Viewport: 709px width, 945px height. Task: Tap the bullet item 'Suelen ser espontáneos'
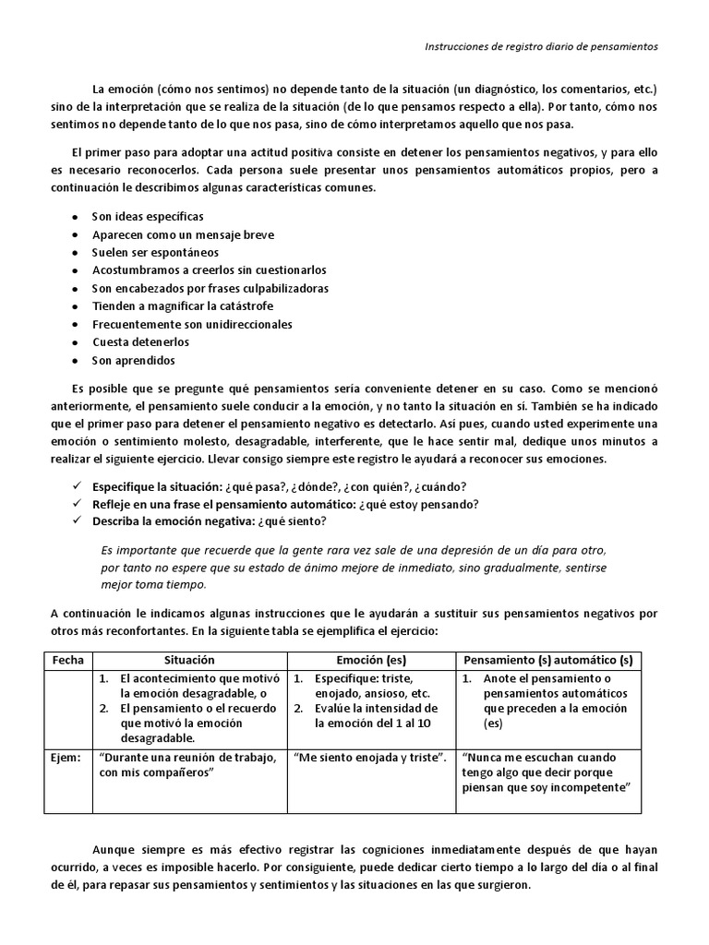[x=142, y=253]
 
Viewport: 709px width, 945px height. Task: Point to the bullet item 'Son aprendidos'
[x=133, y=361]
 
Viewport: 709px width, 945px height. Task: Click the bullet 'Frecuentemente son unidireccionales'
[x=191, y=325]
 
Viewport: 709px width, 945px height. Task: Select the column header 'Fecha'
[x=67, y=661]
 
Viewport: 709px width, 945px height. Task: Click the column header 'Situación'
[x=188, y=661]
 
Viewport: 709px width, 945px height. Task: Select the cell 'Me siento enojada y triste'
[x=370, y=758]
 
